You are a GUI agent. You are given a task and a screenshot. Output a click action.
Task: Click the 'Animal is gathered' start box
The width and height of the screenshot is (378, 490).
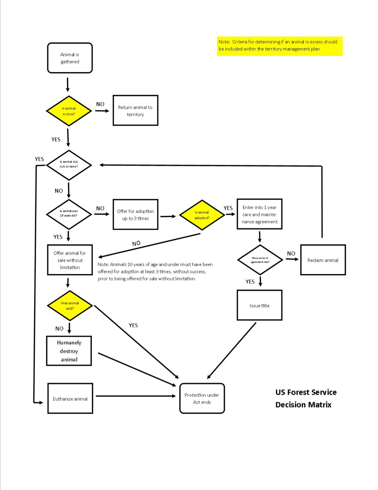(70, 58)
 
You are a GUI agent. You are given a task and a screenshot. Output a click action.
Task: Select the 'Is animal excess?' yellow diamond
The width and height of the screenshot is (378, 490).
(69, 111)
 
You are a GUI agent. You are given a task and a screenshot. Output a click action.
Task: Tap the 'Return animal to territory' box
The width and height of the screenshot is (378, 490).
(135, 111)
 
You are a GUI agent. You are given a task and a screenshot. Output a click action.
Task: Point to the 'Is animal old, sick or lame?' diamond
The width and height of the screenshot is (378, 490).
(69, 165)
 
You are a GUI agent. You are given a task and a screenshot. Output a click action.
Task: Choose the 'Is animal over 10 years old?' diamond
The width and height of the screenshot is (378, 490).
(69, 214)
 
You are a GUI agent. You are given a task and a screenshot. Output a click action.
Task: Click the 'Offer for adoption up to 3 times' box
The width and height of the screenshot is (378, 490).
(135, 215)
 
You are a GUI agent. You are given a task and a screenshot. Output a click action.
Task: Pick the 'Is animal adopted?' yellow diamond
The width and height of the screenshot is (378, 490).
(202, 215)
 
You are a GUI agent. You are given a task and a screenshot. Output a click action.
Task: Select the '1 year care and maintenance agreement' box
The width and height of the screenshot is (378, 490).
(259, 214)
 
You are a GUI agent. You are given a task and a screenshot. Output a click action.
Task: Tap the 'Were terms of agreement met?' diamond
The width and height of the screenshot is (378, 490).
(260, 260)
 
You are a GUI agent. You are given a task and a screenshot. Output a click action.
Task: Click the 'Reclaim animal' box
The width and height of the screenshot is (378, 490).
(323, 260)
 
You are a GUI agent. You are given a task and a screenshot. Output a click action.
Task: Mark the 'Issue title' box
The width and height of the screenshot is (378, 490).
(259, 306)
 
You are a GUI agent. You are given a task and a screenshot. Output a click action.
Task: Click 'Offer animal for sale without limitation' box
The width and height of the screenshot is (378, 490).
(70, 260)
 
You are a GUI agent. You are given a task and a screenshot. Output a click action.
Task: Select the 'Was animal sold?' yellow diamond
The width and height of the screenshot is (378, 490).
(70, 306)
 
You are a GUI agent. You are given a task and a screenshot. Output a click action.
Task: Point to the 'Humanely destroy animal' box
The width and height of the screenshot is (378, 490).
(69, 351)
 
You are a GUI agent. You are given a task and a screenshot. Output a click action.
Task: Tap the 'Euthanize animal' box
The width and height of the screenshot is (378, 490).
(70, 399)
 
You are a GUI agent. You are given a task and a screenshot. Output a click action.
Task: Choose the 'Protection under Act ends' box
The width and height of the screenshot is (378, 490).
(202, 399)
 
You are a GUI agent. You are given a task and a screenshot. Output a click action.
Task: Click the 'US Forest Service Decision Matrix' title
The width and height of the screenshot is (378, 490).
(306, 398)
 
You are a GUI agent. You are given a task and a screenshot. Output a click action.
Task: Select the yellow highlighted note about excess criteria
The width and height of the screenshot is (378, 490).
(280, 46)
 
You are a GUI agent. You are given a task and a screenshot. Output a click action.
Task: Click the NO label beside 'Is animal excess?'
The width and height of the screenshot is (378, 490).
(100, 104)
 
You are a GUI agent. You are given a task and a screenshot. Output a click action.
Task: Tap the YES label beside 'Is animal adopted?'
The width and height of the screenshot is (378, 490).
(228, 208)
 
